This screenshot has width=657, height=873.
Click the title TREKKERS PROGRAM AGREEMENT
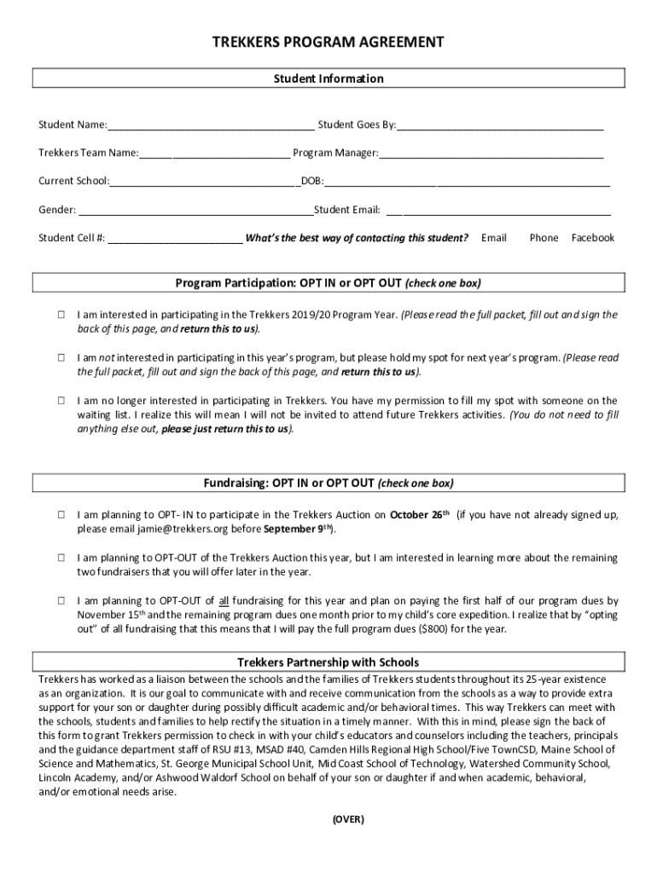pos(328,43)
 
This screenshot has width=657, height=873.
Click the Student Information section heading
pos(328,78)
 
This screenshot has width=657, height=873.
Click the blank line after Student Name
pos(211,126)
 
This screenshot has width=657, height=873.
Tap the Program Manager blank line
pos(491,154)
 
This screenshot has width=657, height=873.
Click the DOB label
pos(311,182)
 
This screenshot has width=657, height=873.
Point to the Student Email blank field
pos(499,211)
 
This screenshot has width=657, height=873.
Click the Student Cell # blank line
pos(174,239)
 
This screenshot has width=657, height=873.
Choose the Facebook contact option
pos(592,238)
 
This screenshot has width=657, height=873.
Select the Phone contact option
pos(544,238)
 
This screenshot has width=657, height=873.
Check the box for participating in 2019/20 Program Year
pos(62,315)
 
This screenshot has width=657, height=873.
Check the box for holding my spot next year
pos(62,358)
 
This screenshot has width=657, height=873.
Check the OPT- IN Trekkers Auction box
pos(62,515)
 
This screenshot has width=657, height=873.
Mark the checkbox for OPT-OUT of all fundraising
pos(62,600)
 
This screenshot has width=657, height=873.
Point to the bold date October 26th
pos(420,515)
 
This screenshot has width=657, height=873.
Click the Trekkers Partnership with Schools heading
pos(328,662)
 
